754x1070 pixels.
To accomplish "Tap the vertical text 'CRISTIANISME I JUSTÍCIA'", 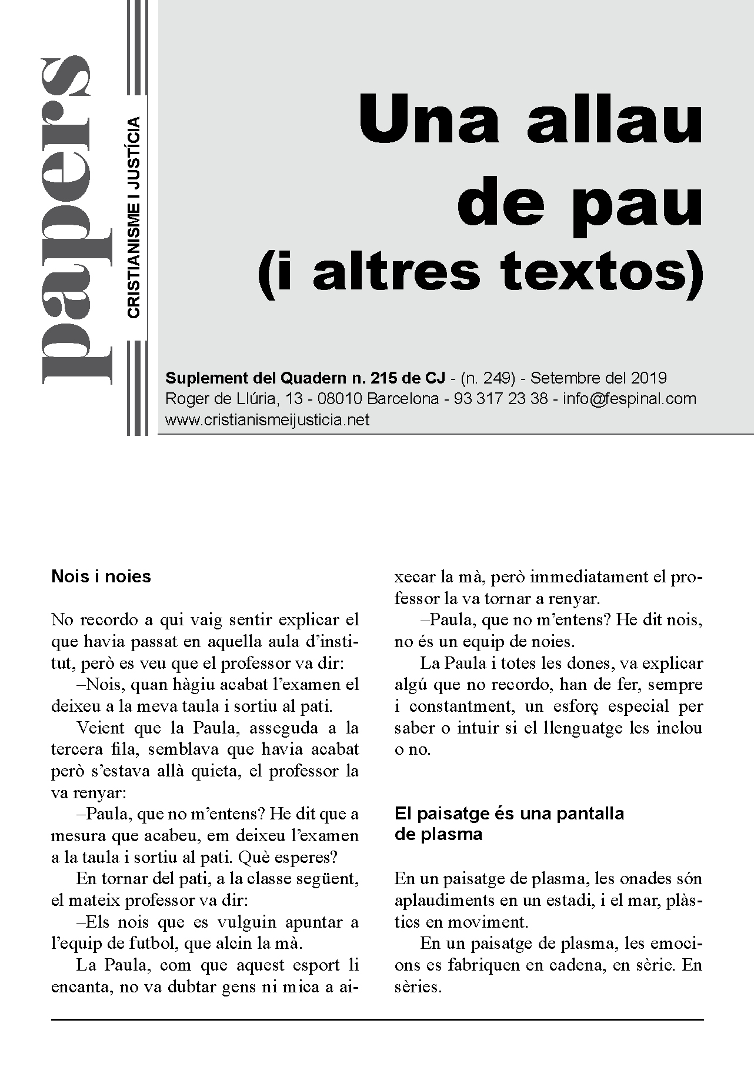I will pyautogui.click(x=134, y=218).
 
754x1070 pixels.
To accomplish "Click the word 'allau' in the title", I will pyautogui.click(x=614, y=121).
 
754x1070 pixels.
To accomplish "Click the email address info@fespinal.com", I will pyautogui.click(x=629, y=399).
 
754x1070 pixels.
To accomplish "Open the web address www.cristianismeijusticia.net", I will pyautogui.click(x=268, y=420).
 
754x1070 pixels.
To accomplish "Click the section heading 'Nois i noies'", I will pyautogui.click(x=101, y=576).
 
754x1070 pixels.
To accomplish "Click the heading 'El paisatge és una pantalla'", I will pyautogui.click(x=509, y=814).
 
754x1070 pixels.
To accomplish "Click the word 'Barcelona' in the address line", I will pyautogui.click(x=403, y=399).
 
